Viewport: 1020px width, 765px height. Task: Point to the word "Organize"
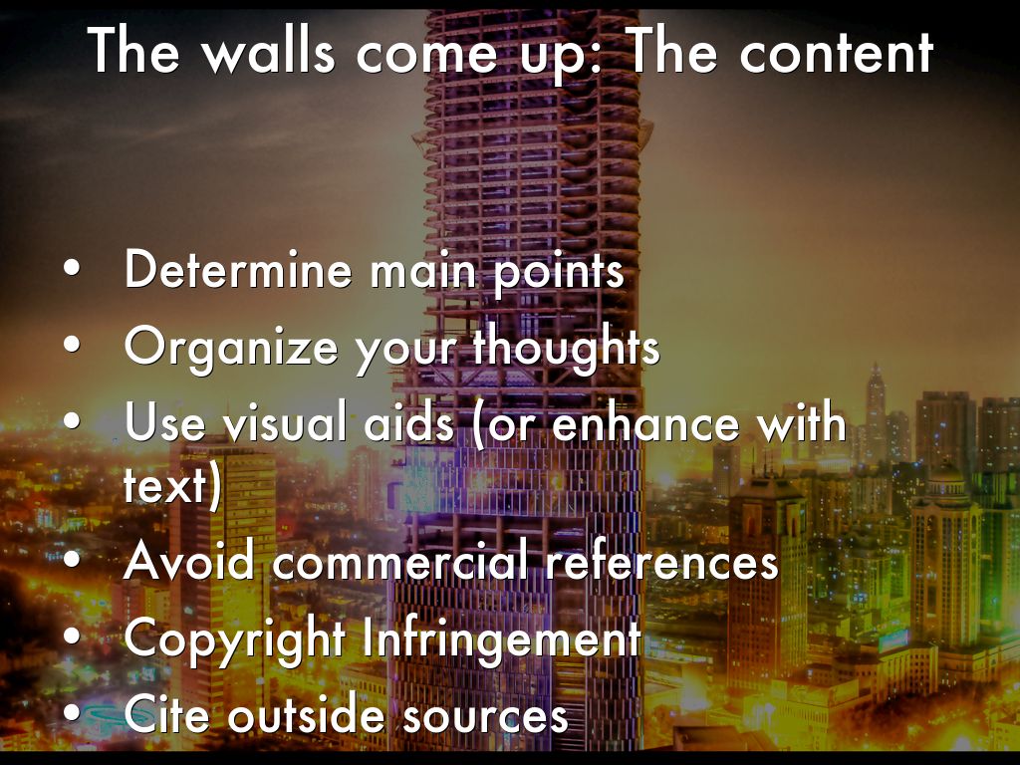pos(233,346)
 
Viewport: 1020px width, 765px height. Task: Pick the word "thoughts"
pos(565,346)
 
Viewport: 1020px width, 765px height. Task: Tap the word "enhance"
pos(642,422)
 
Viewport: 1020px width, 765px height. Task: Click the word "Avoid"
pos(190,562)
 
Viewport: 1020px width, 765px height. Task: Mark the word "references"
pos(660,562)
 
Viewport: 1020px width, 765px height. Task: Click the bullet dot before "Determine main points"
pos(70,272)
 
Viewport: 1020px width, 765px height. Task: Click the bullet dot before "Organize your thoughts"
pos(70,346)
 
